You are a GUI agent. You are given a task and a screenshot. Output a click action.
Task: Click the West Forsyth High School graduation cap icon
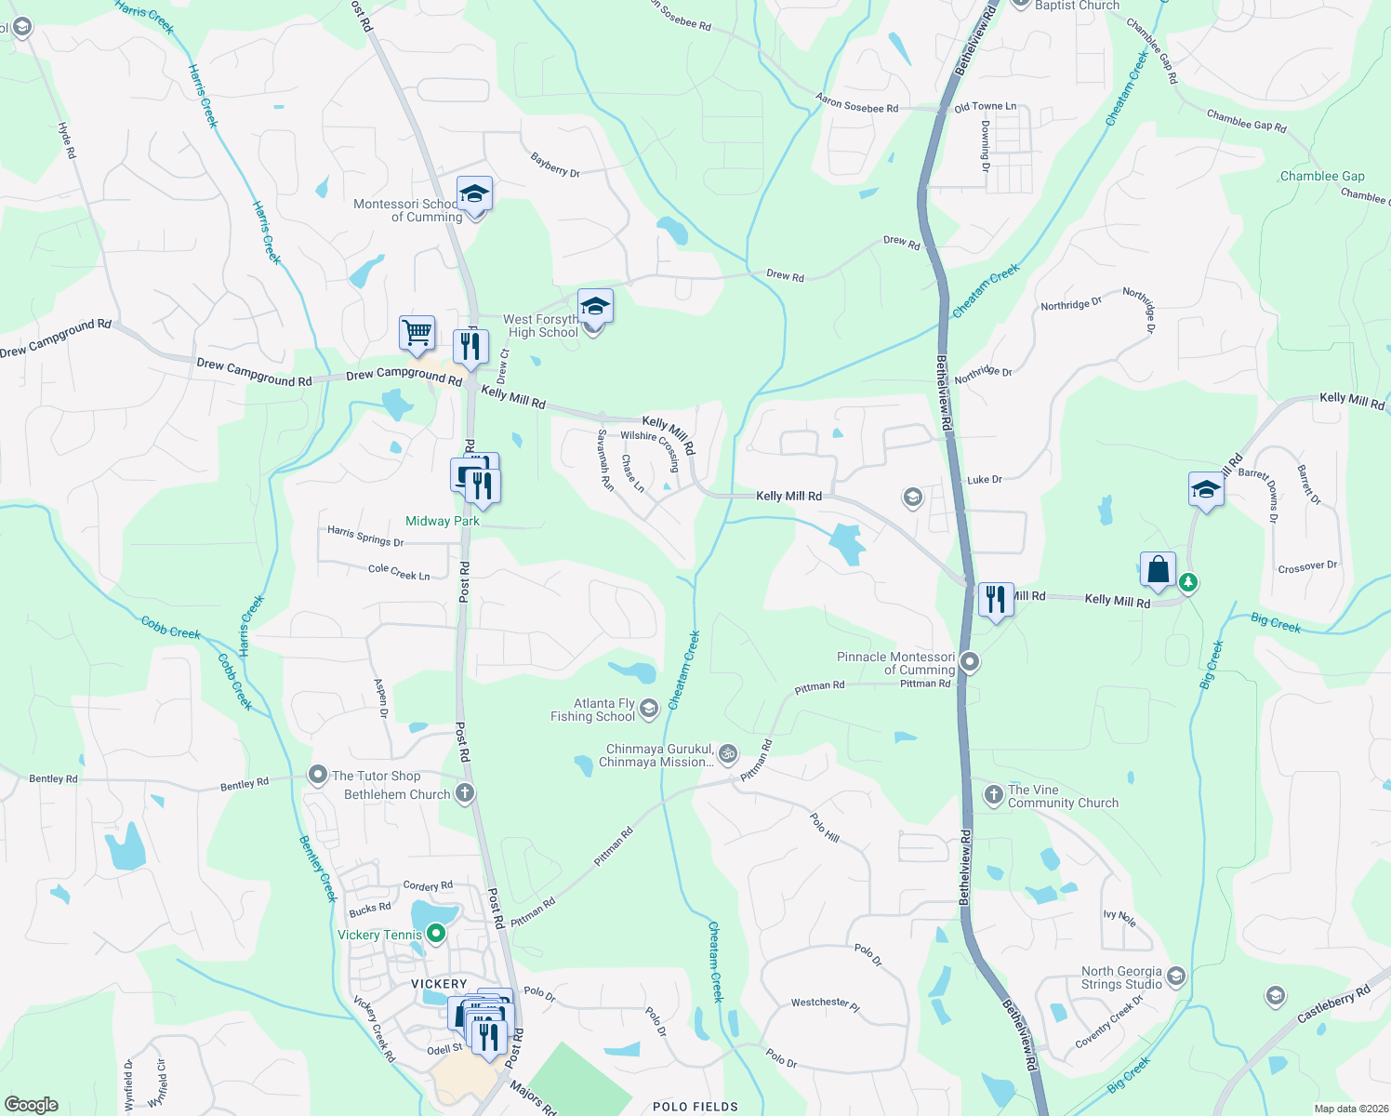(595, 306)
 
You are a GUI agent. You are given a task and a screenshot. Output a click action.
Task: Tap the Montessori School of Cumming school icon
(474, 194)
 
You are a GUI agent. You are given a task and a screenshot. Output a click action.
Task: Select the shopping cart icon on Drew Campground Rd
(417, 332)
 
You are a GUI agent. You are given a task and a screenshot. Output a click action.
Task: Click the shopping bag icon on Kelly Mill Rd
(1158, 569)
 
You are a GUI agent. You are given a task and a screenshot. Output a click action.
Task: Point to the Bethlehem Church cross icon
(465, 793)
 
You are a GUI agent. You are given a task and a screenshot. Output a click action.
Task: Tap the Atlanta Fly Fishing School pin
(649, 710)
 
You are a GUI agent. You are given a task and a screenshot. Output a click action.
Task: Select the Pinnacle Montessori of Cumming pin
(970, 662)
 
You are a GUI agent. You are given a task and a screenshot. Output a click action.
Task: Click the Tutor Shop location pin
(318, 775)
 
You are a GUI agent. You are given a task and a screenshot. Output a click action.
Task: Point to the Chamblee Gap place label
(1322, 176)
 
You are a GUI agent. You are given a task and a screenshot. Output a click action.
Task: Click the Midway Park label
(443, 521)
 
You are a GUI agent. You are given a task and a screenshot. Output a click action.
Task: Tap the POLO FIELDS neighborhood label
(695, 1107)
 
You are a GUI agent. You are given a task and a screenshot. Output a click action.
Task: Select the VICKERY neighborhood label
(439, 983)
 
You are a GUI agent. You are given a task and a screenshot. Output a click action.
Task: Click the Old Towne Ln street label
(986, 107)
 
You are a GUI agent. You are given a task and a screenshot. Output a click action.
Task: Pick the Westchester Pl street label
(826, 1003)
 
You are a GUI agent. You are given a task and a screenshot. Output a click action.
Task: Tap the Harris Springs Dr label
(365, 536)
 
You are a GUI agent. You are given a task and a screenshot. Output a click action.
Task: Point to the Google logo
(31, 1105)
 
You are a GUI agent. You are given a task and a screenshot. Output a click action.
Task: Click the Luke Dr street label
(985, 480)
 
